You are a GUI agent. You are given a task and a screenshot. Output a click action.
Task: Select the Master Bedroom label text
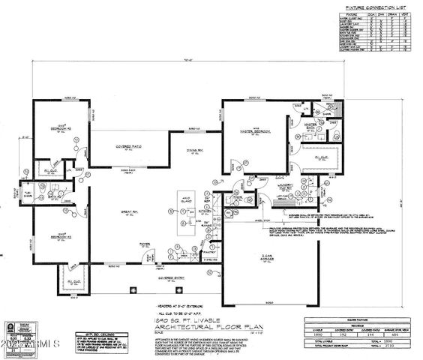[255, 132]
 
